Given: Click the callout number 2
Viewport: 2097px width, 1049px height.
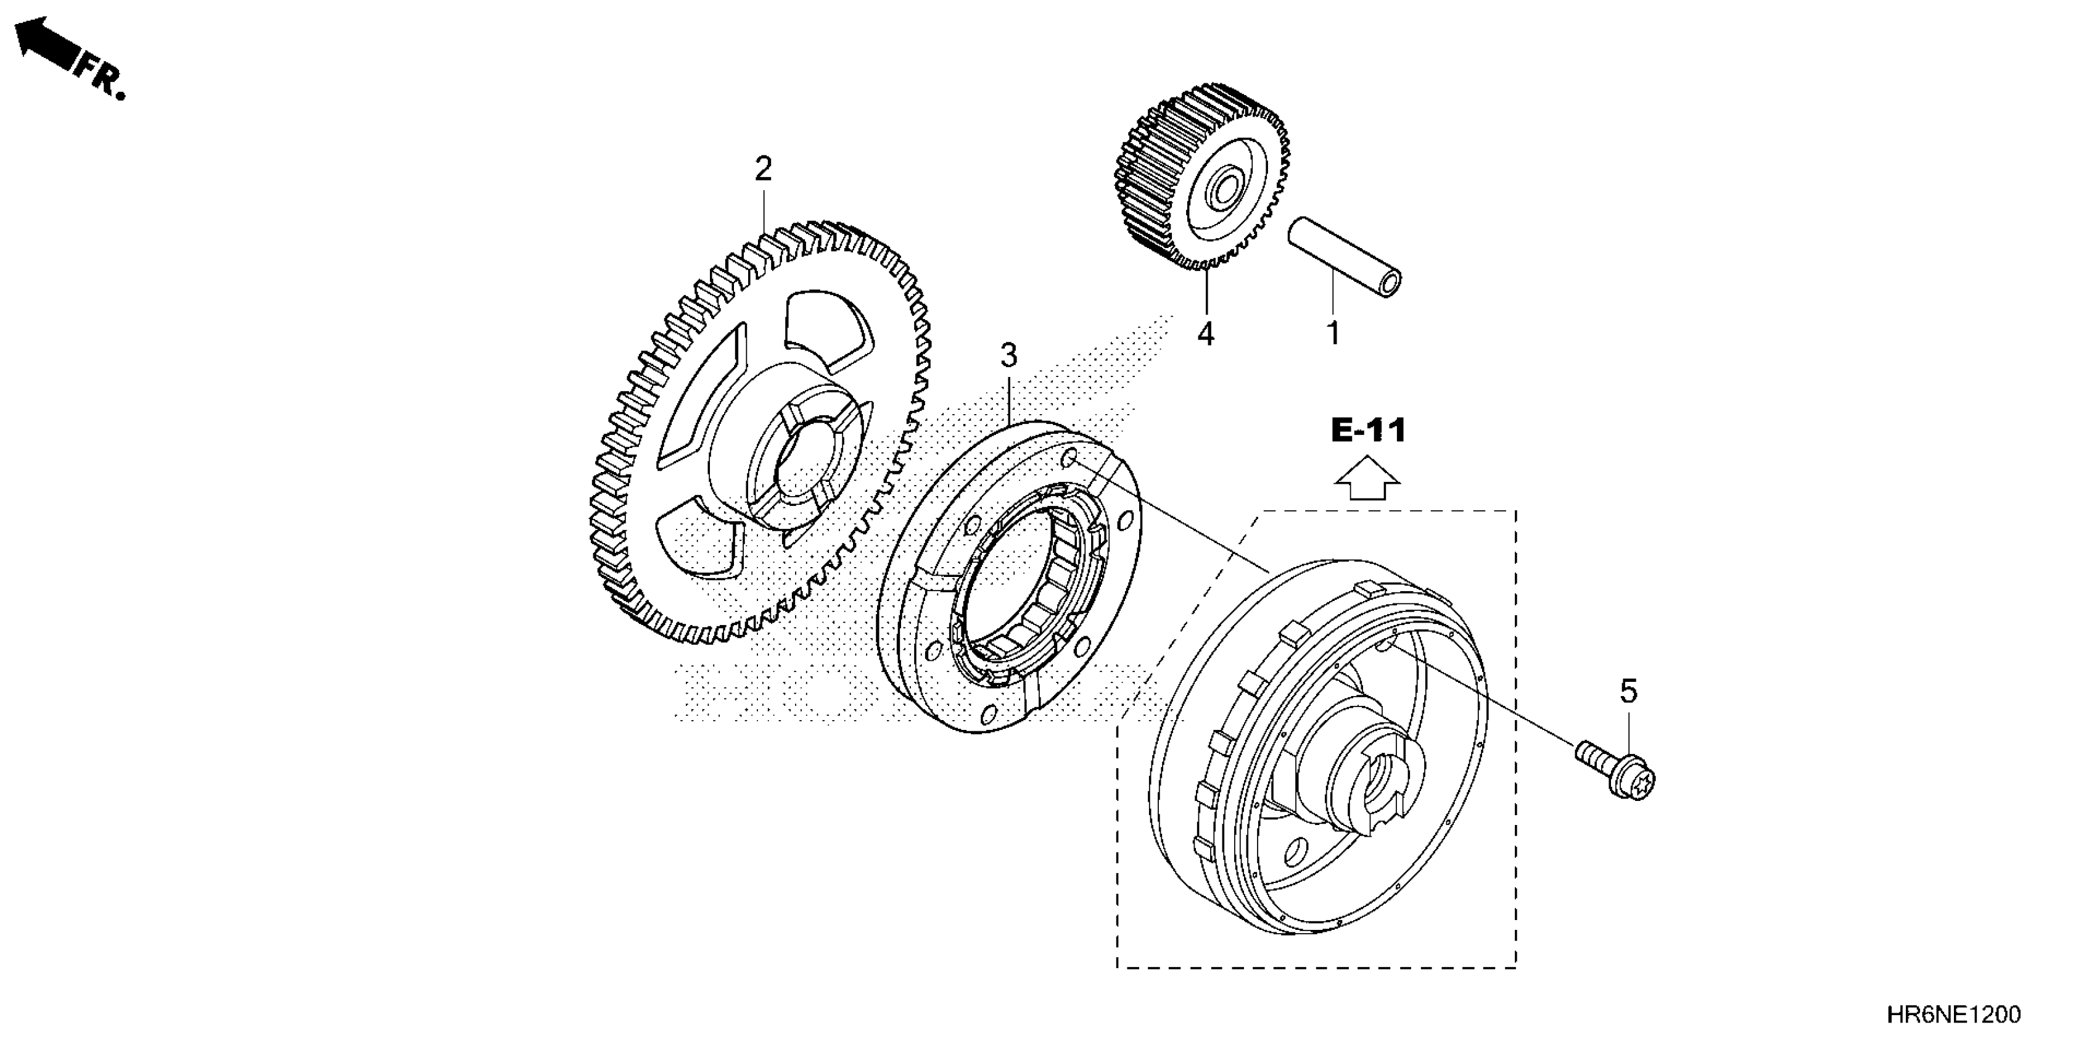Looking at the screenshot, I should (x=763, y=170).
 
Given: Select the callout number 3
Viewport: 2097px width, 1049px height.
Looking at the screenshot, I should (x=1008, y=356).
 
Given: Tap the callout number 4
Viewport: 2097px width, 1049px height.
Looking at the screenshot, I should (x=1206, y=334).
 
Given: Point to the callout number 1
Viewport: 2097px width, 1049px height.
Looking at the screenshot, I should (x=1333, y=333).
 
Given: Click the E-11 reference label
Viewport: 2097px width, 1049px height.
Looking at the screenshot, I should (x=1369, y=430).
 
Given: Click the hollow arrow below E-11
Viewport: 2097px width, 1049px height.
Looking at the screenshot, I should (x=1367, y=478).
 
